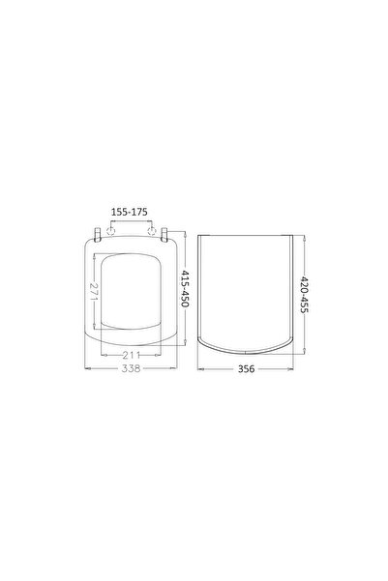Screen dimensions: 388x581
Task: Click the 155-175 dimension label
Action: click(129, 212)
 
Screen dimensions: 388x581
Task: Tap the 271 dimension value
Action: click(94, 292)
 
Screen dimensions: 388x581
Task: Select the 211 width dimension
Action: click(132, 355)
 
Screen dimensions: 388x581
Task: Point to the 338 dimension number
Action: click(132, 368)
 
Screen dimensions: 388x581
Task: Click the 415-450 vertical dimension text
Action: click(185, 289)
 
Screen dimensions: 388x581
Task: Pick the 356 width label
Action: click(246, 368)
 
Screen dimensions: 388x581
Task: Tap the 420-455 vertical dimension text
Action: click(304, 294)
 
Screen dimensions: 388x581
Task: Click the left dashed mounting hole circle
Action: click(110, 232)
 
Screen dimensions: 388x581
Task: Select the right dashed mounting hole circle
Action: click(152, 232)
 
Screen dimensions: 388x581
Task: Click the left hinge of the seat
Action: click(98, 235)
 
